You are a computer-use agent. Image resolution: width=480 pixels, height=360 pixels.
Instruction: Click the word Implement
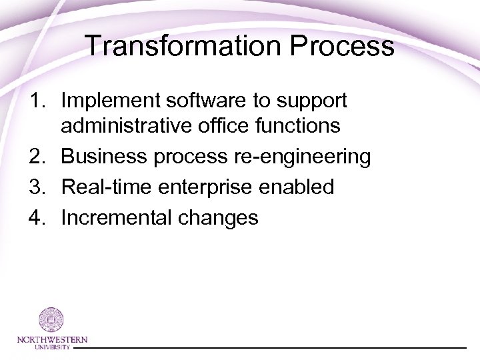pos(108,101)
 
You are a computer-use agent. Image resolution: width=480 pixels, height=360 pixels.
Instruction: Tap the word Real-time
pos(104,187)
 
